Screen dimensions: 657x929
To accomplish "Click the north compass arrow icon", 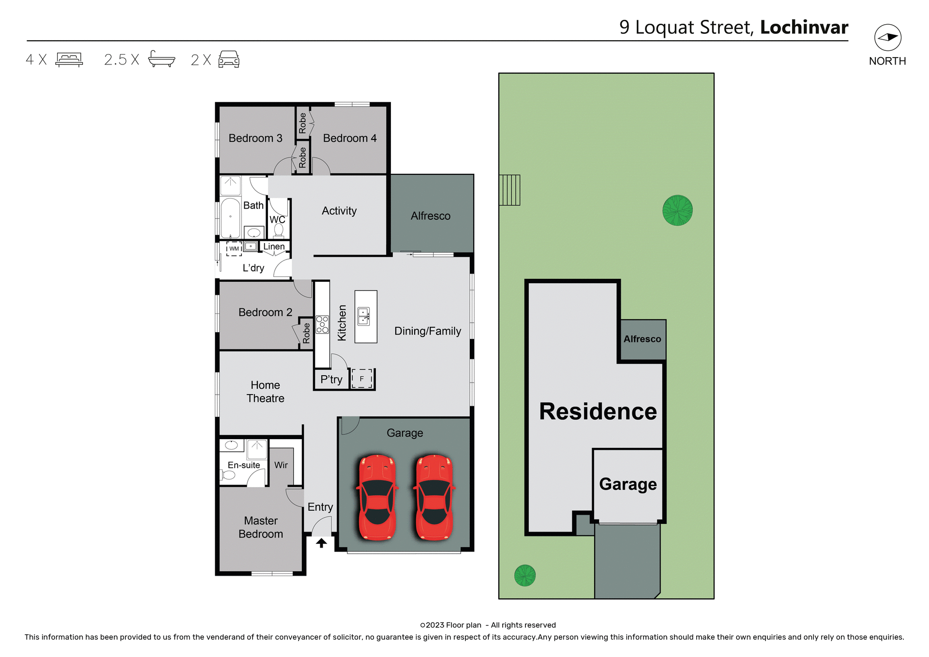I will tap(887, 37).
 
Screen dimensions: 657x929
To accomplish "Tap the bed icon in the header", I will tap(69, 60).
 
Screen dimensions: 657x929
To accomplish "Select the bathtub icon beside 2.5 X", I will tap(161, 59).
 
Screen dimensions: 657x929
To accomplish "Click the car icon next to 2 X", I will tap(229, 59).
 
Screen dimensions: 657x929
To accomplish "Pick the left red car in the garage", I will tap(377, 497).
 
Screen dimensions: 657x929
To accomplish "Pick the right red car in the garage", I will tap(434, 497).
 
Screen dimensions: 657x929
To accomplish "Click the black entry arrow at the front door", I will tap(321, 543).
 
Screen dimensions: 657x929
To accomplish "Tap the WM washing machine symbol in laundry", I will tap(234, 248).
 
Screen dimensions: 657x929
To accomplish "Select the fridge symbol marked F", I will tap(361, 379).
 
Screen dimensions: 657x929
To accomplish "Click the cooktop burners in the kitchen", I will tap(322, 324).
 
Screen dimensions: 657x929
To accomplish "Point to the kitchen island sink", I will tap(364, 316).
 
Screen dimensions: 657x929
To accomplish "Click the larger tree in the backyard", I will tap(677, 210).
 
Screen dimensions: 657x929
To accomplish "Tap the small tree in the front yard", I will tap(524, 575).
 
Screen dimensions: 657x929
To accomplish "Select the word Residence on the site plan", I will tap(598, 412).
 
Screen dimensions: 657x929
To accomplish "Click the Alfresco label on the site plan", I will tap(642, 339).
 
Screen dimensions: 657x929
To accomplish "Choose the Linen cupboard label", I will tap(274, 246).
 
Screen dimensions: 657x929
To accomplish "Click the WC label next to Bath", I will tap(277, 219).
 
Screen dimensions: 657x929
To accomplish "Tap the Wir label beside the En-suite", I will tap(281, 465).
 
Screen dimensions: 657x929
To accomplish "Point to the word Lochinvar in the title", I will tap(804, 27).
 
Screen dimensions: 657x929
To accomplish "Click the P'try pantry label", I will tap(331, 380).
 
